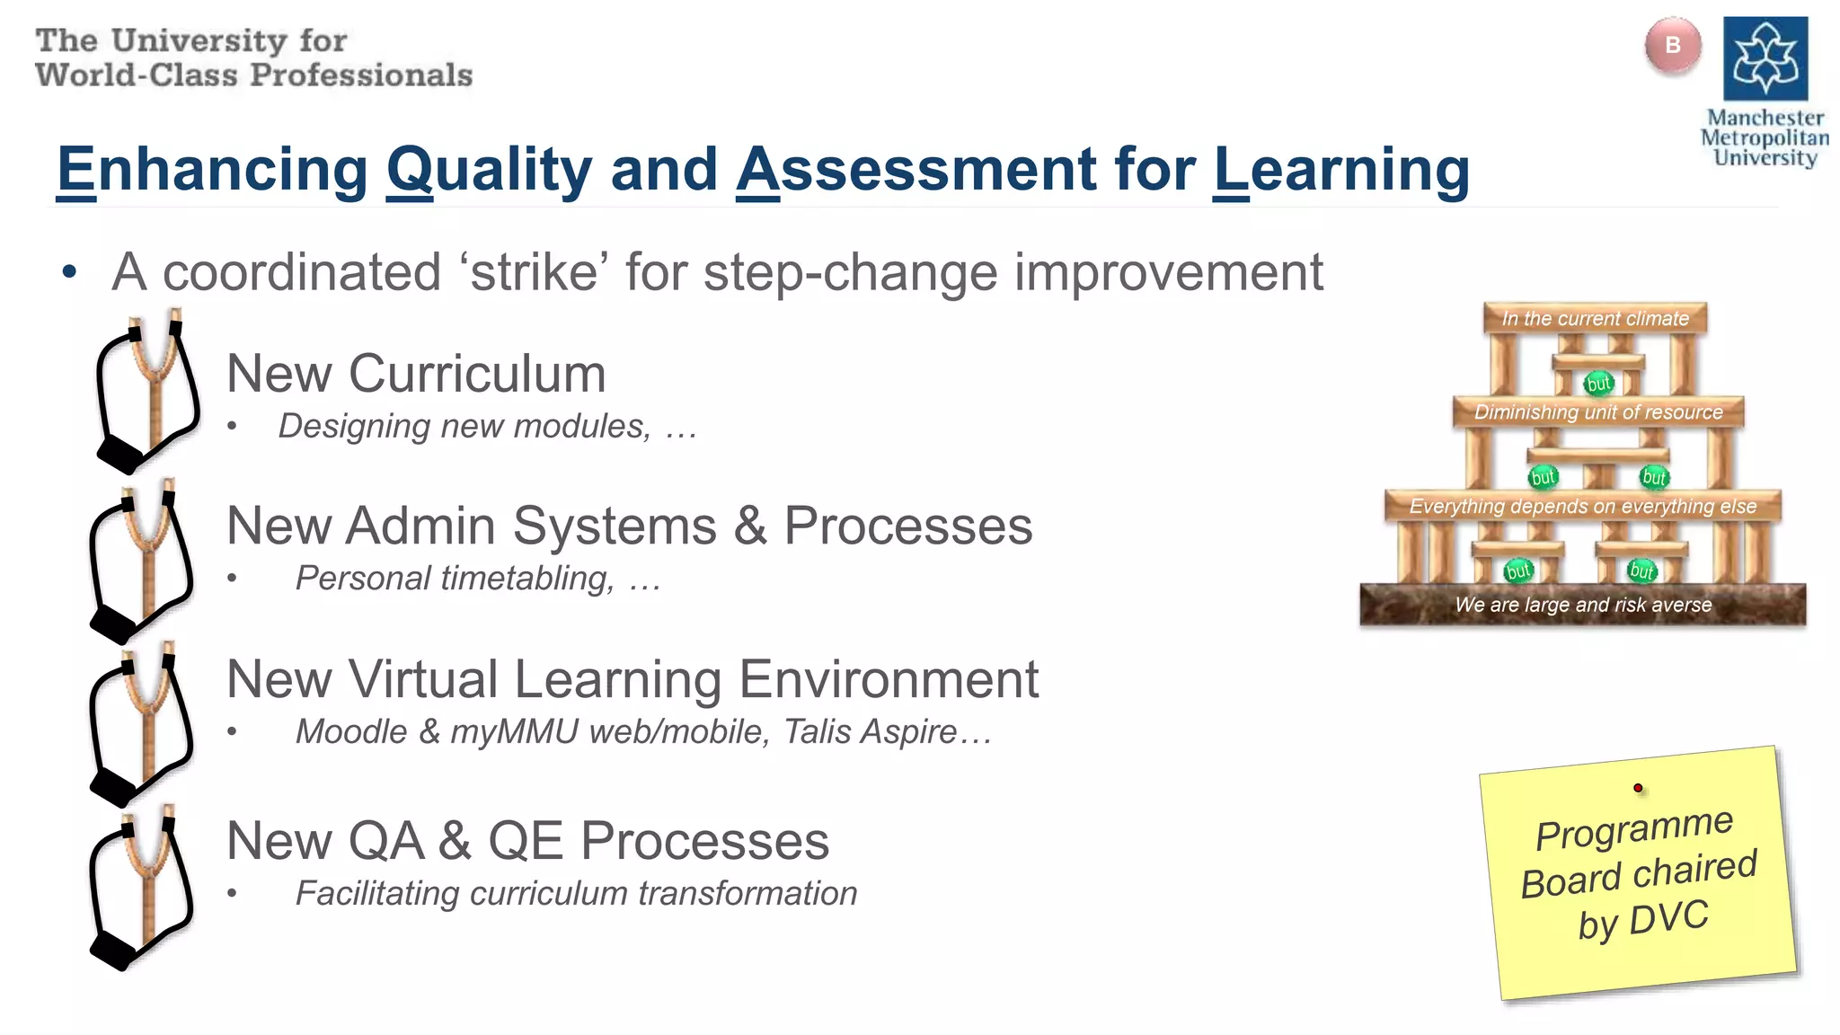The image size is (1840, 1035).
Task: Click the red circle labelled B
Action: coord(1672,46)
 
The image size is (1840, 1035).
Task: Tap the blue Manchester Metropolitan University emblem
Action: coord(1765,58)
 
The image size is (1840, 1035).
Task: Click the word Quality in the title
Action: coord(490,170)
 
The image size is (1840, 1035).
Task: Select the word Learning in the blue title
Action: coord(1340,170)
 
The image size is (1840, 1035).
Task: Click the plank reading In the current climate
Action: coord(1595,319)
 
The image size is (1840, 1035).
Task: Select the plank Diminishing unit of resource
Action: coord(1598,412)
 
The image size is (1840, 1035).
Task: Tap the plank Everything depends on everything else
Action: coord(1582,507)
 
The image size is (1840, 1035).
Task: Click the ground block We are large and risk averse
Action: coord(1582,606)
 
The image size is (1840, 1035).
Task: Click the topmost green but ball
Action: coord(1598,384)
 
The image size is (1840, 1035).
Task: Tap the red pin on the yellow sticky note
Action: coord(1638,788)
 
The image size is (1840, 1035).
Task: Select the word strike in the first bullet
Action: coord(534,272)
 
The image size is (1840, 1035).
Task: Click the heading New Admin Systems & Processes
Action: coord(629,526)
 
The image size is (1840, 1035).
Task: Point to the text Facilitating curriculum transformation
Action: coord(576,894)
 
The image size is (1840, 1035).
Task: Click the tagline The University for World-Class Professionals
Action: coord(253,58)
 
